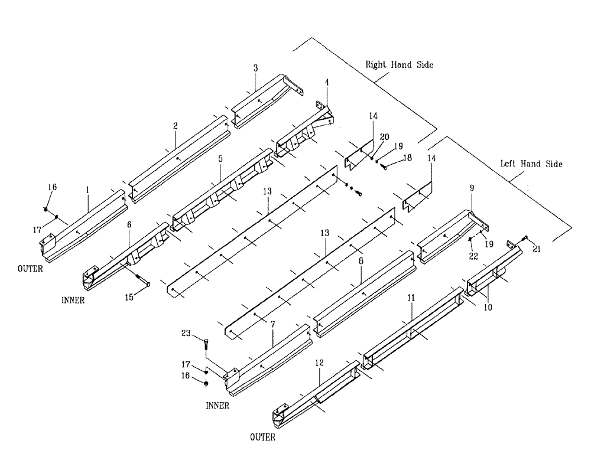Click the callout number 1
87,191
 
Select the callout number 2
176,126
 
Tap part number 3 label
255,69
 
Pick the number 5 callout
220,159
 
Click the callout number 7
272,325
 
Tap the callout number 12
319,364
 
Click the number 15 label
130,297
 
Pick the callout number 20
384,136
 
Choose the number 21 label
536,250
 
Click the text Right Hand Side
399,64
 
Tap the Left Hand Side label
529,164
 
